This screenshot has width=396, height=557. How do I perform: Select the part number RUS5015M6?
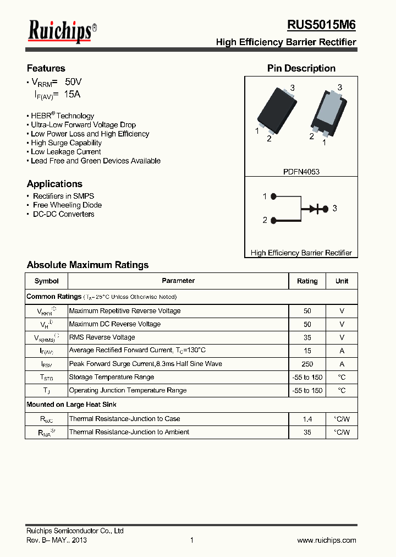point(321,25)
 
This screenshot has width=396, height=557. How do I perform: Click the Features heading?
point(46,68)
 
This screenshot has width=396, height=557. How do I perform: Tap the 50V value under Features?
point(73,81)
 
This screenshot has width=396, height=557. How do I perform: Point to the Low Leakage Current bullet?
point(65,152)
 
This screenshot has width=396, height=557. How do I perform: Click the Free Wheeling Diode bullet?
point(67,205)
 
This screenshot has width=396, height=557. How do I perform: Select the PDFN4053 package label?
point(301,172)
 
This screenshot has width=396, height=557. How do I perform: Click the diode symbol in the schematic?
point(315,209)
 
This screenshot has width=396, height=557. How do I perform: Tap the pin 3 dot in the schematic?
point(326,209)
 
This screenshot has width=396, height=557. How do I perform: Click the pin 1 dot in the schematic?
point(274,196)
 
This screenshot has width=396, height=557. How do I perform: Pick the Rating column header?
point(307,281)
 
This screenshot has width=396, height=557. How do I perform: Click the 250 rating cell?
point(307,364)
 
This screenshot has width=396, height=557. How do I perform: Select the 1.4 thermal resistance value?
point(307,419)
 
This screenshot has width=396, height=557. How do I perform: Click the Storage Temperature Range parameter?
point(111,377)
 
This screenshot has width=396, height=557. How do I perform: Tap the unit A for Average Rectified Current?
point(342,351)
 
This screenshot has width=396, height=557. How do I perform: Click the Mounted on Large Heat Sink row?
point(71,405)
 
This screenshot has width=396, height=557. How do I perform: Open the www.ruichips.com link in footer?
point(326,540)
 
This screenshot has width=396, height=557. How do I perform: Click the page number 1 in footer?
point(191,540)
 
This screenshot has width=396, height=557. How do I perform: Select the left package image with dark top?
point(277,110)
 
